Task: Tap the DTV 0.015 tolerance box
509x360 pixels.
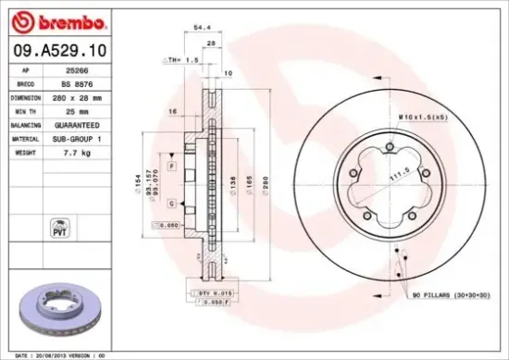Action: click(213, 292)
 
